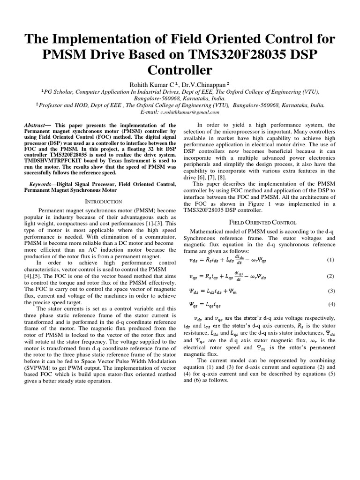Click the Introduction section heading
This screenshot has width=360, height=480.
[103, 201]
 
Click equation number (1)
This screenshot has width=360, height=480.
[330, 260]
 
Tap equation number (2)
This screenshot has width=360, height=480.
[330, 276]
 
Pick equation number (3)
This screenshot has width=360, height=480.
[330, 291]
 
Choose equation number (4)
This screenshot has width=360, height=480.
[330, 304]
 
